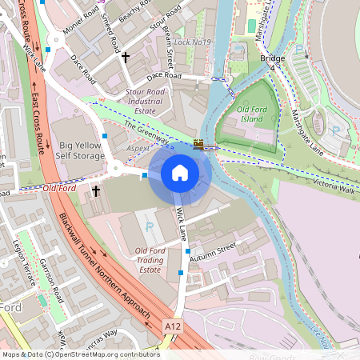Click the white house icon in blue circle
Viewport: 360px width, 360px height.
[x=179, y=173]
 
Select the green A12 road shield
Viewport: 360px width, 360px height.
[x=171, y=326]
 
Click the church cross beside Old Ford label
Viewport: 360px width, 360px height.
[x=96, y=192]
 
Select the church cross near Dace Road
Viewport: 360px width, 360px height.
[x=125, y=58]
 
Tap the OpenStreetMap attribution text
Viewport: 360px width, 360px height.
[x=80, y=354]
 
